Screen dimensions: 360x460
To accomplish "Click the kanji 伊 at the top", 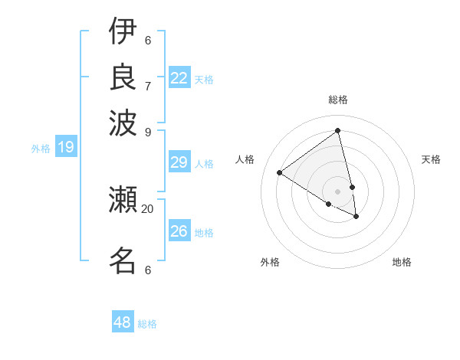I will [122, 31].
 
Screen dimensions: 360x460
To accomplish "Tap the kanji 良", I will [122, 76].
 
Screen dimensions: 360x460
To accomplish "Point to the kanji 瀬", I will [122, 200].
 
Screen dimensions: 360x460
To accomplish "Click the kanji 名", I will [122, 260].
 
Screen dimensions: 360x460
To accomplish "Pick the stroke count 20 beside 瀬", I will [147, 208].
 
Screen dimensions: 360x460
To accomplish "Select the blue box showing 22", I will [179, 78].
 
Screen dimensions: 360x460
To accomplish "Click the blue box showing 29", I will [179, 162].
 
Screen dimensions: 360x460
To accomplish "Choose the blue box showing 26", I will [179, 231].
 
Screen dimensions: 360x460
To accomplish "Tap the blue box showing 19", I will [65, 147].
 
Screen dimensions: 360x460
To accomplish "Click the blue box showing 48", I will [123, 322].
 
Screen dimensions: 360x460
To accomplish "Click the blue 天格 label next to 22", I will [204, 80].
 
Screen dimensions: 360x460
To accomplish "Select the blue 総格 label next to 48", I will [147, 324].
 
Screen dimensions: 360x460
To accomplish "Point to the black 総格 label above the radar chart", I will [338, 100].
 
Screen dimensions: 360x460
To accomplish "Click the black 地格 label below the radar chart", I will [402, 262].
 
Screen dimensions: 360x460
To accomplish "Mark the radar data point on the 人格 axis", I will [279, 172].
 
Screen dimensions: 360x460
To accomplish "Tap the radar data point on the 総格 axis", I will [338, 130].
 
